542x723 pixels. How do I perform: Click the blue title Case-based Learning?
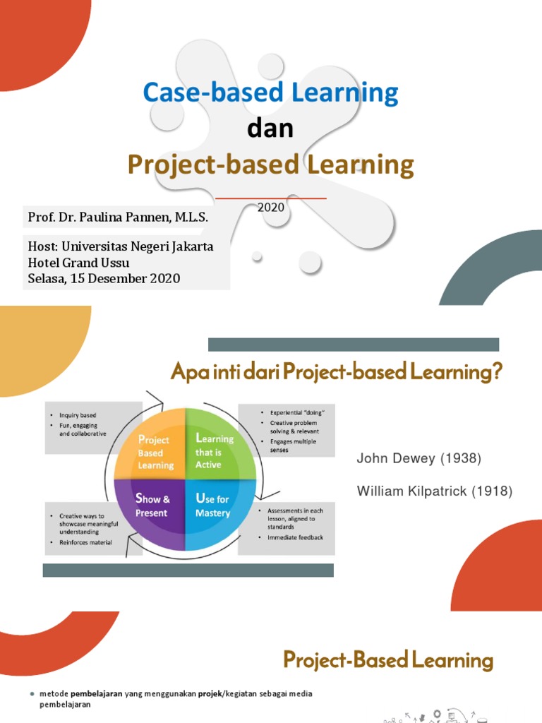pos(270,92)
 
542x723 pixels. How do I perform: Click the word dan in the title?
pos(270,129)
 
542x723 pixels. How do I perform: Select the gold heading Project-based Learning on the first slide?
pos(270,165)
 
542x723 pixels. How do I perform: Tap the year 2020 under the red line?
pos(270,208)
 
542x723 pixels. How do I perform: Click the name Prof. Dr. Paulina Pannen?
pos(118,217)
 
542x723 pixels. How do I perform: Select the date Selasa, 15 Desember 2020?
pos(104,278)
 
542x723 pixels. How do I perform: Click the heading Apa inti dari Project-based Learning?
pos(336,372)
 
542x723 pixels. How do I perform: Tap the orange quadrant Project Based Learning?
pos(155,452)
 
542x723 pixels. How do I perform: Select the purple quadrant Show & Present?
pos(152,506)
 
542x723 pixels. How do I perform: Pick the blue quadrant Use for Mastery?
pos(213,506)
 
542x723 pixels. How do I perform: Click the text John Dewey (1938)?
pos(418,459)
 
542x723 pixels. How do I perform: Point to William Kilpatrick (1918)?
pos(434,491)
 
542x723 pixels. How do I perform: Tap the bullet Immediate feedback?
pos(295,537)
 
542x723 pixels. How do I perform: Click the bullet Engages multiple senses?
pos(292,446)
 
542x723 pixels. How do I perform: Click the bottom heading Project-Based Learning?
pos(387,661)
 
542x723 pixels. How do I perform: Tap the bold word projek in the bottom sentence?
pos(208,693)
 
